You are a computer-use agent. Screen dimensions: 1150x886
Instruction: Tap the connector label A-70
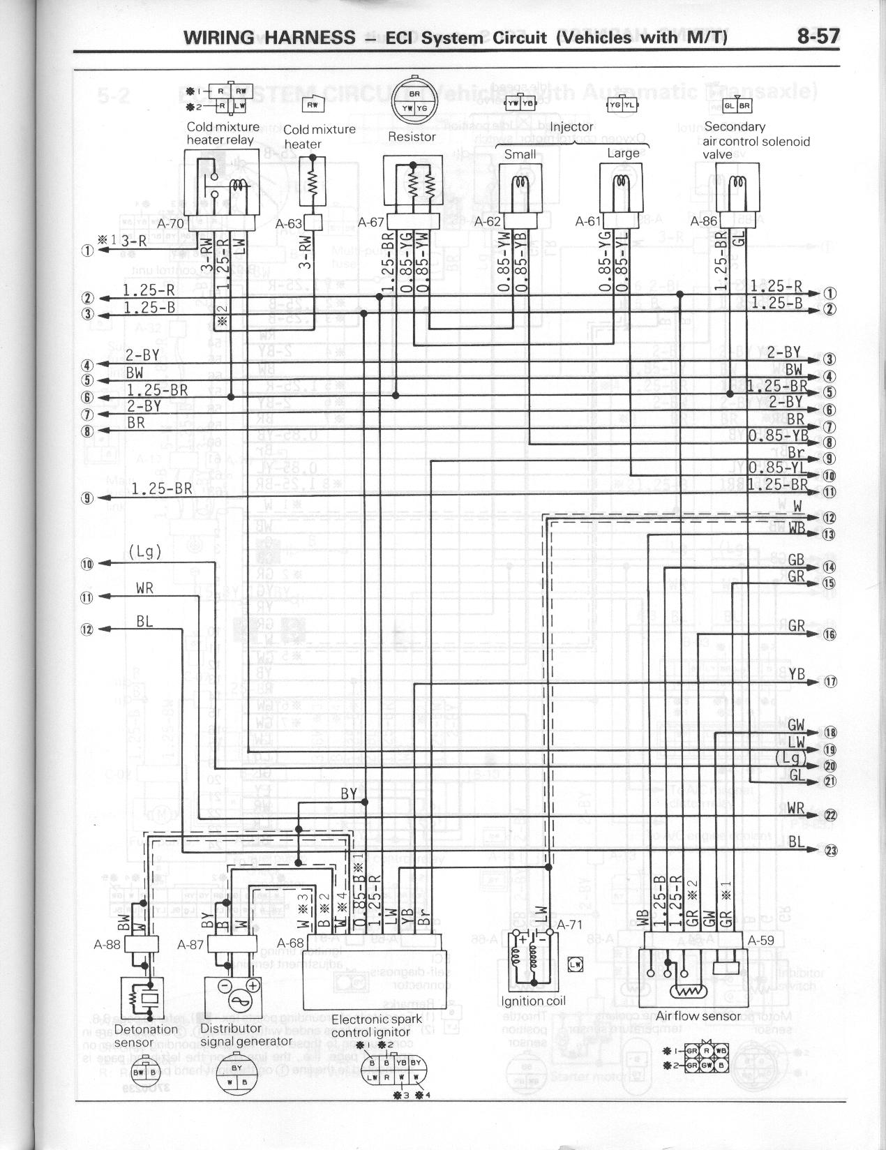[x=170, y=224]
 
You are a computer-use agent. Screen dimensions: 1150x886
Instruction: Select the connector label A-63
[x=288, y=224]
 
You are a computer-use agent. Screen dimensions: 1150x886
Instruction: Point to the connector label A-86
[x=703, y=221]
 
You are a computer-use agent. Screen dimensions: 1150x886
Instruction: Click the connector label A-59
[x=761, y=939]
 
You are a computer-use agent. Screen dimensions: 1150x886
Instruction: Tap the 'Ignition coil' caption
[x=533, y=1001]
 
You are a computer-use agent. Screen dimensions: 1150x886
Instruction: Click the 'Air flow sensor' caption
[x=698, y=1016]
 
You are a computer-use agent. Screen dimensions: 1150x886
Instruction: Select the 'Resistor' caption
[x=412, y=137]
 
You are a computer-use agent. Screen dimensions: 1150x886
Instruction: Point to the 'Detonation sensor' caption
[x=146, y=1035]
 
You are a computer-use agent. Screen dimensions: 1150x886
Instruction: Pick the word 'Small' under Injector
[x=520, y=154]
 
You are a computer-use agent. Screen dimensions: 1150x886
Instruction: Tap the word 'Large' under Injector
[x=623, y=153]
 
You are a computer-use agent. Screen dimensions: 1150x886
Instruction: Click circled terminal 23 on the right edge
[x=830, y=850]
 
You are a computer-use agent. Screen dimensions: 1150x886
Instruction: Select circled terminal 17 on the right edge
[x=830, y=682]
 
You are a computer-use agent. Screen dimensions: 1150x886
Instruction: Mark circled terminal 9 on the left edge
[x=87, y=498]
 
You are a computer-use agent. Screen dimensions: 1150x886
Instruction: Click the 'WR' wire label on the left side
[x=145, y=589]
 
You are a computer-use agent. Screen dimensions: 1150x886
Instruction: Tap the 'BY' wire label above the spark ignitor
[x=349, y=793]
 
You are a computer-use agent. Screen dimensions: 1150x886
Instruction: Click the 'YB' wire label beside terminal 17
[x=797, y=673]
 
